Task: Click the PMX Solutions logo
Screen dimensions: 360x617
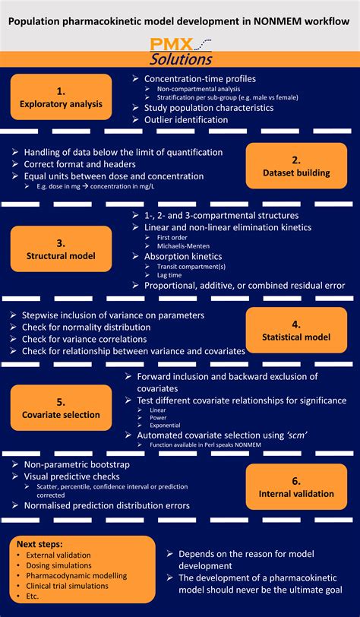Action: [181, 51]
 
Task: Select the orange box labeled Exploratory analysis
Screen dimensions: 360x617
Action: [61, 97]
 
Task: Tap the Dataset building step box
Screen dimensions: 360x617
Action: [297, 166]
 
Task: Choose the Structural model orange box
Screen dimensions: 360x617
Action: [61, 248]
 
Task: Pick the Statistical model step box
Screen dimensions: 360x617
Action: [297, 330]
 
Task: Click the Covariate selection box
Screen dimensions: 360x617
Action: [61, 407]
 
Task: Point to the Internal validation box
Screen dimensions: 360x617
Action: [297, 487]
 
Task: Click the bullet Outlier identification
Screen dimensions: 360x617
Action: [185, 120]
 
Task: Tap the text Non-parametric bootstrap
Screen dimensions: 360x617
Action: [77, 464]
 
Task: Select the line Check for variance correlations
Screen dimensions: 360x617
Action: [84, 339]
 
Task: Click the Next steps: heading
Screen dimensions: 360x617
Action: [39, 546]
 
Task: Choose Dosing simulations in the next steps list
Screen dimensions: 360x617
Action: [58, 565]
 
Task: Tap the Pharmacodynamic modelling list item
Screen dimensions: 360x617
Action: [76, 575]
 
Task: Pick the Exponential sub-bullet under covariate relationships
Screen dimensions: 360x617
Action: [166, 426]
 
